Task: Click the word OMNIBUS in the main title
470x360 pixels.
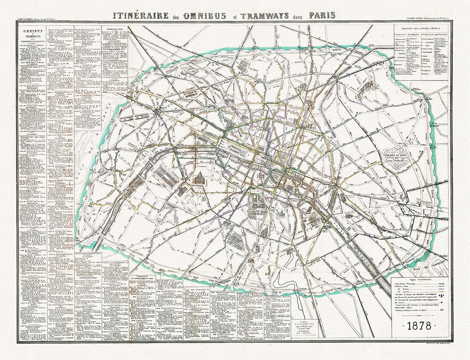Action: (x=205, y=16)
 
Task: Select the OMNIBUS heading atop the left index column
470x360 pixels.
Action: (x=33, y=30)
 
